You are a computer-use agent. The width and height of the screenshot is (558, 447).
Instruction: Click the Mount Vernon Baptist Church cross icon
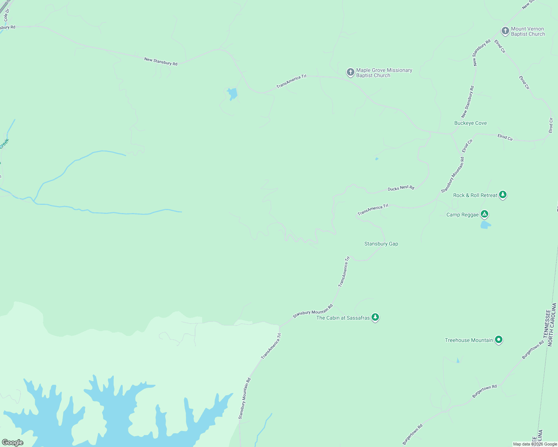point(505,31)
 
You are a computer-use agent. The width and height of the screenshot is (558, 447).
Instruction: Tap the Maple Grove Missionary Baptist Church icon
point(350,72)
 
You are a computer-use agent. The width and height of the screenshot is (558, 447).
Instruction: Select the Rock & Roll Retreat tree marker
point(503,194)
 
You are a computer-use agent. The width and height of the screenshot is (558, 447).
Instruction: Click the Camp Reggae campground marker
point(485,214)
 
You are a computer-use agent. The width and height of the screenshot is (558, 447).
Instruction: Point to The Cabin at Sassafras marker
point(375,317)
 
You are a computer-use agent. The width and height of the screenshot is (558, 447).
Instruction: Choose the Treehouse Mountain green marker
point(499,339)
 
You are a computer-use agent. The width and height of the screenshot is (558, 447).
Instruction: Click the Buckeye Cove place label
point(470,123)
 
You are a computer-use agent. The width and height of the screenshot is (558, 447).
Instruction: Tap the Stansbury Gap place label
point(381,244)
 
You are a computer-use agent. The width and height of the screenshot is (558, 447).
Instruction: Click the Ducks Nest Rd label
point(401,188)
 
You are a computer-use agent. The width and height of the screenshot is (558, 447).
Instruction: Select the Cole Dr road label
point(6,15)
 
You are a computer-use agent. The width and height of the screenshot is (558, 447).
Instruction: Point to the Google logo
point(13,443)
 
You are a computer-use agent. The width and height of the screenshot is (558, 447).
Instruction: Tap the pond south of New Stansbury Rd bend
point(232,93)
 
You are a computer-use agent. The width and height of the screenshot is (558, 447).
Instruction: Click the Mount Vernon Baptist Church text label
point(528,31)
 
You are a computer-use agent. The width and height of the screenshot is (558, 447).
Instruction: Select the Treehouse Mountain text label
point(469,340)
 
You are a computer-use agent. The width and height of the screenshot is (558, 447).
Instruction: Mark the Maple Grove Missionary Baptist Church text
point(384,73)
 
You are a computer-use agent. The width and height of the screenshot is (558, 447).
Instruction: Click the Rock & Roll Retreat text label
point(475,195)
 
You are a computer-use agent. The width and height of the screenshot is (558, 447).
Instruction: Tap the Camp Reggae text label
point(462,215)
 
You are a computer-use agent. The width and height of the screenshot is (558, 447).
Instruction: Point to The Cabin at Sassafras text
point(343,318)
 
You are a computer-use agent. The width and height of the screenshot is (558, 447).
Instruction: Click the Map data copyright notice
point(535,444)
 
